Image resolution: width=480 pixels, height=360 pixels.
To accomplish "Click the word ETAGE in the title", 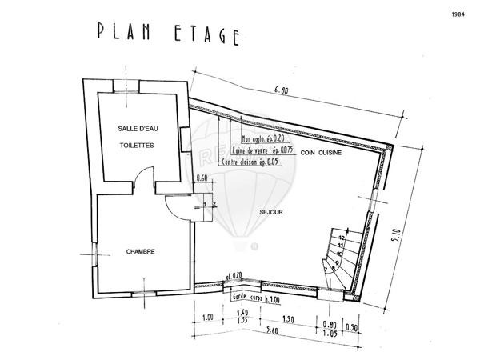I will [x=206, y=34].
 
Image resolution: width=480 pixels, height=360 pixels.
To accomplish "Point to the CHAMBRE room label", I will [x=140, y=252].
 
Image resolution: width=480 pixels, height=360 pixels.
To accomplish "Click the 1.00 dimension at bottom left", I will [x=208, y=318].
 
